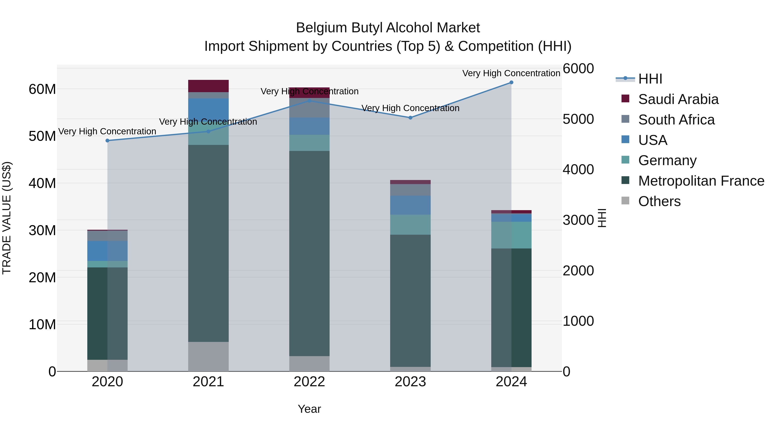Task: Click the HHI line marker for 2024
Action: [511, 82]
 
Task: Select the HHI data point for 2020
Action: [108, 141]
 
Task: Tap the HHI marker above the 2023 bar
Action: [410, 118]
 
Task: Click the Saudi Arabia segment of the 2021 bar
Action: [208, 86]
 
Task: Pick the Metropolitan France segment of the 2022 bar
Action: [309, 253]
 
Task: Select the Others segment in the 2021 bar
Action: [208, 356]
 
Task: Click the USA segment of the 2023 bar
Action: [410, 205]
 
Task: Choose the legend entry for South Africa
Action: [676, 120]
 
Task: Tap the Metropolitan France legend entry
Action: [701, 181]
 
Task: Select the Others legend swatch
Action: [625, 201]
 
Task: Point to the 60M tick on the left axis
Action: [42, 89]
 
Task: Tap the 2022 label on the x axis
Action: [309, 382]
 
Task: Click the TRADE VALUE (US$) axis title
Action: [7, 218]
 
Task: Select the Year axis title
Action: [309, 409]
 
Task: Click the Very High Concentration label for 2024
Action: [511, 73]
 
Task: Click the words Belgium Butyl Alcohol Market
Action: [388, 28]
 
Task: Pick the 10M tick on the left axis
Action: [42, 324]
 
